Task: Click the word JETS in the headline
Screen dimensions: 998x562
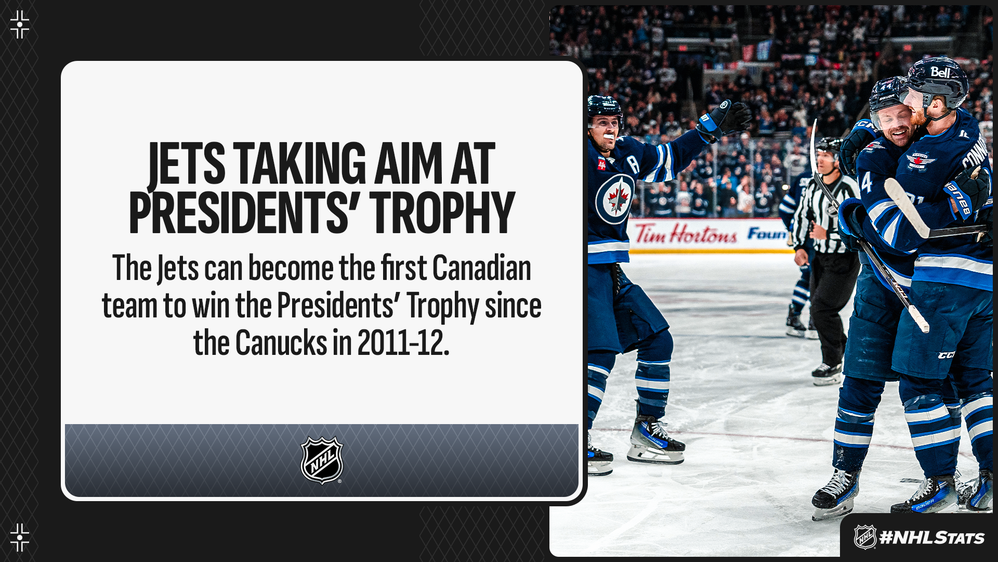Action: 187,164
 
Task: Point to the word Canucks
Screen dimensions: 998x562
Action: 281,343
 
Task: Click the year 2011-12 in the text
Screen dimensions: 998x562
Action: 403,343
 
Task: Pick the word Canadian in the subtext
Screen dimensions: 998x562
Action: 481,269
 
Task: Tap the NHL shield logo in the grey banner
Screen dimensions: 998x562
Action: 322,460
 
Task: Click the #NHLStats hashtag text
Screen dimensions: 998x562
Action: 931,538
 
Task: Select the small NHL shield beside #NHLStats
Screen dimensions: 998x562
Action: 865,537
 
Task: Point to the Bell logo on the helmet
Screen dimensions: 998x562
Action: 940,72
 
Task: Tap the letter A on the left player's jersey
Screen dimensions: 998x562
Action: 634,164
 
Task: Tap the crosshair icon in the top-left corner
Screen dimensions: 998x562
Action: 20,24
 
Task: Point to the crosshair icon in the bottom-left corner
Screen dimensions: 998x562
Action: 20,538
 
